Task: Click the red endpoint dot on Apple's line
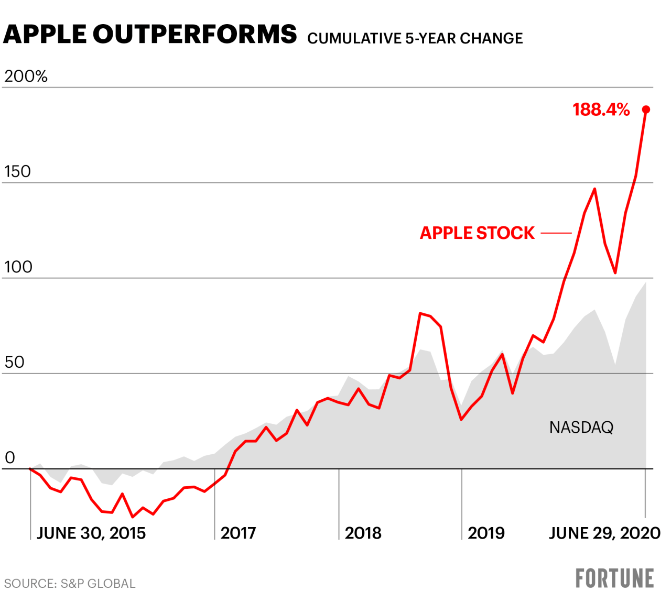646,110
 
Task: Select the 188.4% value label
601,110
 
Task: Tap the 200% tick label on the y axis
26,76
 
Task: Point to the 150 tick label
17,172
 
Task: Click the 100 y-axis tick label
18,267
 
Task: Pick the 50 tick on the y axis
14,363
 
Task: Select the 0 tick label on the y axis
9,458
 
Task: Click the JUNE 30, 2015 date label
91,533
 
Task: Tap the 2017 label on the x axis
238,533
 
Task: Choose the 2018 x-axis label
363,533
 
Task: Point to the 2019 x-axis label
486,533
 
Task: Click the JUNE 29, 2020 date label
604,533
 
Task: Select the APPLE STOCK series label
477,233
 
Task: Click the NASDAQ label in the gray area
581,428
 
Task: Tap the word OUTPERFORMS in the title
194,35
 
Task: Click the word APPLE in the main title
45,35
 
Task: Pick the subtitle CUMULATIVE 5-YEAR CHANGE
415,38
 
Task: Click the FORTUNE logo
614,578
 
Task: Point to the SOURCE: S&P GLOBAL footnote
70,584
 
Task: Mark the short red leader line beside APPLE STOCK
556,233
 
